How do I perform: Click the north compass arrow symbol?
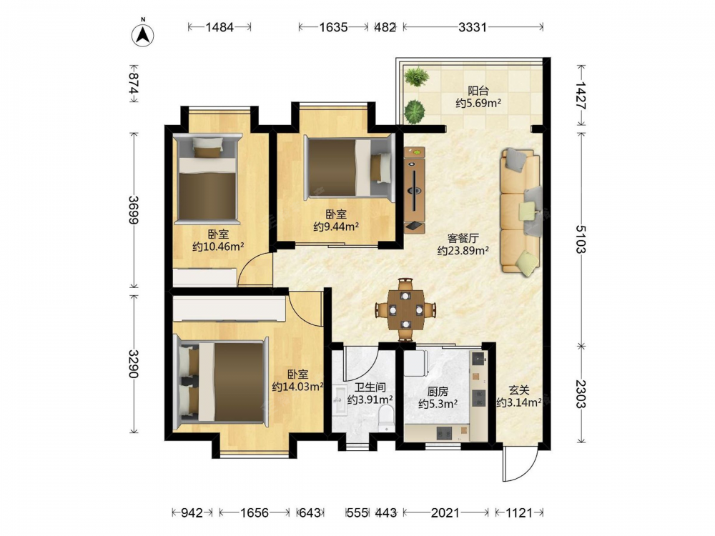click(143, 34)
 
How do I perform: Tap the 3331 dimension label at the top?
click(473, 27)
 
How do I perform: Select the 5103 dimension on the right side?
click(581, 239)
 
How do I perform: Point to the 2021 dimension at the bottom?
click(445, 513)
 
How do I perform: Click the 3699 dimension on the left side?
click(134, 209)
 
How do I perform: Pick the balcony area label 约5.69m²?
click(478, 103)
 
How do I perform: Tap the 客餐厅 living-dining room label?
click(463, 238)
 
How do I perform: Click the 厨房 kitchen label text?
click(438, 392)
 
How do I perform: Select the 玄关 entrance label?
click(519, 390)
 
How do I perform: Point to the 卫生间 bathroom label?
click(370, 388)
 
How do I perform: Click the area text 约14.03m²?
click(297, 387)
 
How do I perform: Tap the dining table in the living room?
click(405, 310)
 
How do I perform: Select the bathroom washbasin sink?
click(340, 400)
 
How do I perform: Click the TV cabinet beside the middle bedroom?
click(415, 189)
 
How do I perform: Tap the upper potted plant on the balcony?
click(417, 76)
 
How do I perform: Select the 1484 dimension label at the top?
click(220, 27)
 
